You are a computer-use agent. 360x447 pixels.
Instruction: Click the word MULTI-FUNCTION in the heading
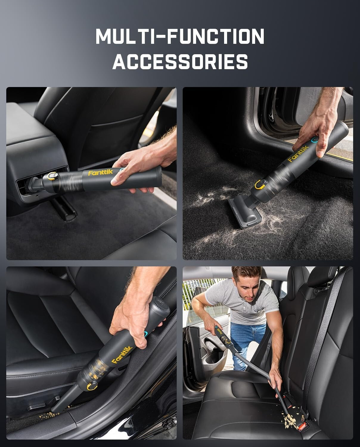tap(180, 36)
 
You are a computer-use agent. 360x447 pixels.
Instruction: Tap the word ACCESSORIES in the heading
tap(180, 62)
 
